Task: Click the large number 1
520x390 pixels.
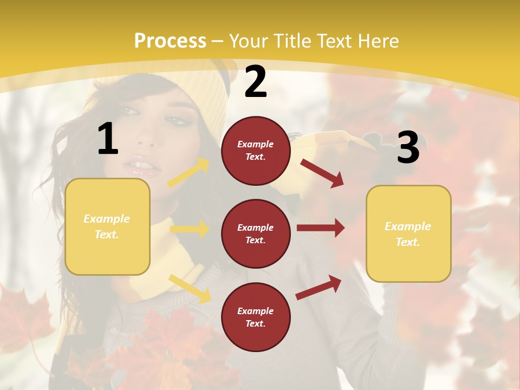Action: pyautogui.click(x=108, y=139)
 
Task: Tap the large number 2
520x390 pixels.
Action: pyautogui.click(x=256, y=82)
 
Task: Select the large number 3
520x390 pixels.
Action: pyautogui.click(x=408, y=147)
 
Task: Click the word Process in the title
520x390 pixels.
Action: pyautogui.click(x=170, y=41)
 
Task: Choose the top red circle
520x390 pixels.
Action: pyautogui.click(x=256, y=151)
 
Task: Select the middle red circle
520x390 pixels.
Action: pyautogui.click(x=256, y=233)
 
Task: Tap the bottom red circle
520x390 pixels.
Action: pyautogui.click(x=256, y=317)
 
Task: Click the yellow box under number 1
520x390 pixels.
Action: pyautogui.click(x=107, y=226)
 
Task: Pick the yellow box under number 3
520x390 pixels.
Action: pyautogui.click(x=408, y=233)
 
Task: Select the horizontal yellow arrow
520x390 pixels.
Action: pyautogui.click(x=190, y=229)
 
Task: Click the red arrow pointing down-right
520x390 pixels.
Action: pyautogui.click(x=322, y=173)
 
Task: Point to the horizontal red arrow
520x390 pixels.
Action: pyautogui.click(x=320, y=227)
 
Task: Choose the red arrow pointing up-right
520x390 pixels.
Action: pyautogui.click(x=318, y=287)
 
